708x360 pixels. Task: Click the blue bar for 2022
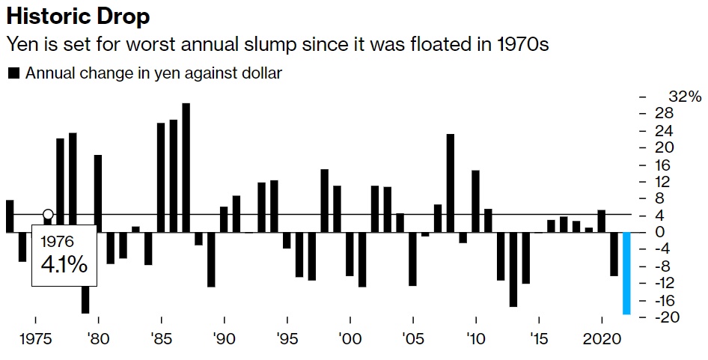point(627,273)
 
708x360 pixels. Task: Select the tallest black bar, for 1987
point(186,168)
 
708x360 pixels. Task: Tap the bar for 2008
point(451,183)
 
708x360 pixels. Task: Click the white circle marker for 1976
point(48,215)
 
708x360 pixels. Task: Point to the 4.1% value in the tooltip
point(64,264)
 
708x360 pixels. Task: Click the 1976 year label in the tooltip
point(57,242)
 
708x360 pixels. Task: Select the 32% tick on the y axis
point(685,97)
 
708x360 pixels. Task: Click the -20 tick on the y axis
point(676,317)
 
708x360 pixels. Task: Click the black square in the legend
point(13,73)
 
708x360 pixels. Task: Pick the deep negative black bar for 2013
point(513,269)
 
